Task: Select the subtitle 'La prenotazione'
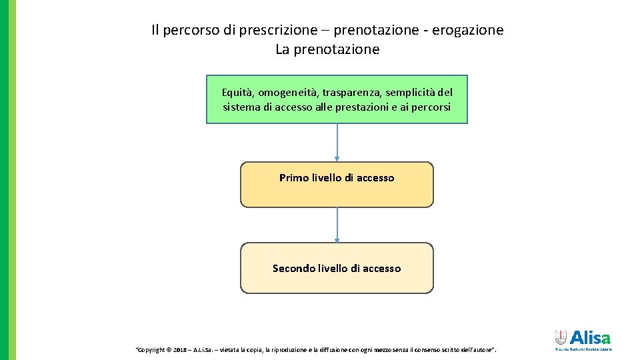[327, 49]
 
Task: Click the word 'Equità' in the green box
[237, 92]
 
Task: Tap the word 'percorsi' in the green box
[429, 107]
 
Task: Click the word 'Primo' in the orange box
[294, 178]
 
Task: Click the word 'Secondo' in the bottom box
[293, 269]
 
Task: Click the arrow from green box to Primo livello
[337, 143]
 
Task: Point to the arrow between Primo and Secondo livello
[337, 225]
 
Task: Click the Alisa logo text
[590, 337]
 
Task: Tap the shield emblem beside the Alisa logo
[561, 337]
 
